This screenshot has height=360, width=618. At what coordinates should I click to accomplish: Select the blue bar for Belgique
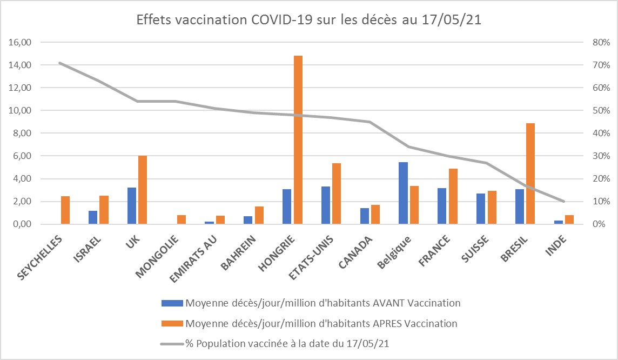[403, 193]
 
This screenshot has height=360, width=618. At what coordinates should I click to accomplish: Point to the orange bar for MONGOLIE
[182, 219]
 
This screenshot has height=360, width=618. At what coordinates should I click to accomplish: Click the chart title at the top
[308, 21]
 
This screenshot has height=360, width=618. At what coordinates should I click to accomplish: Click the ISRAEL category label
[87, 249]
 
